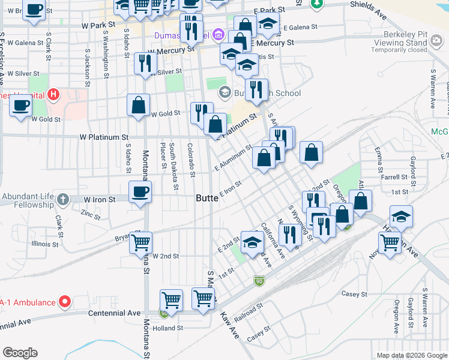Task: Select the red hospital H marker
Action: (54, 94)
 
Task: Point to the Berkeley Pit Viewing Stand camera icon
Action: (436, 40)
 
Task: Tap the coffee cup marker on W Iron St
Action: (140, 192)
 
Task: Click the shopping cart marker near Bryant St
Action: (140, 242)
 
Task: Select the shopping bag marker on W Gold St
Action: (139, 105)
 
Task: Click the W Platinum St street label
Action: (104, 137)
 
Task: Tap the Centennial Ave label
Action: (114, 313)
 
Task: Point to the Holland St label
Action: (167, 328)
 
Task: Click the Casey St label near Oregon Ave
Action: (354, 294)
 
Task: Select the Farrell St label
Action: (394, 178)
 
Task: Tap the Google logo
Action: (20, 353)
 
